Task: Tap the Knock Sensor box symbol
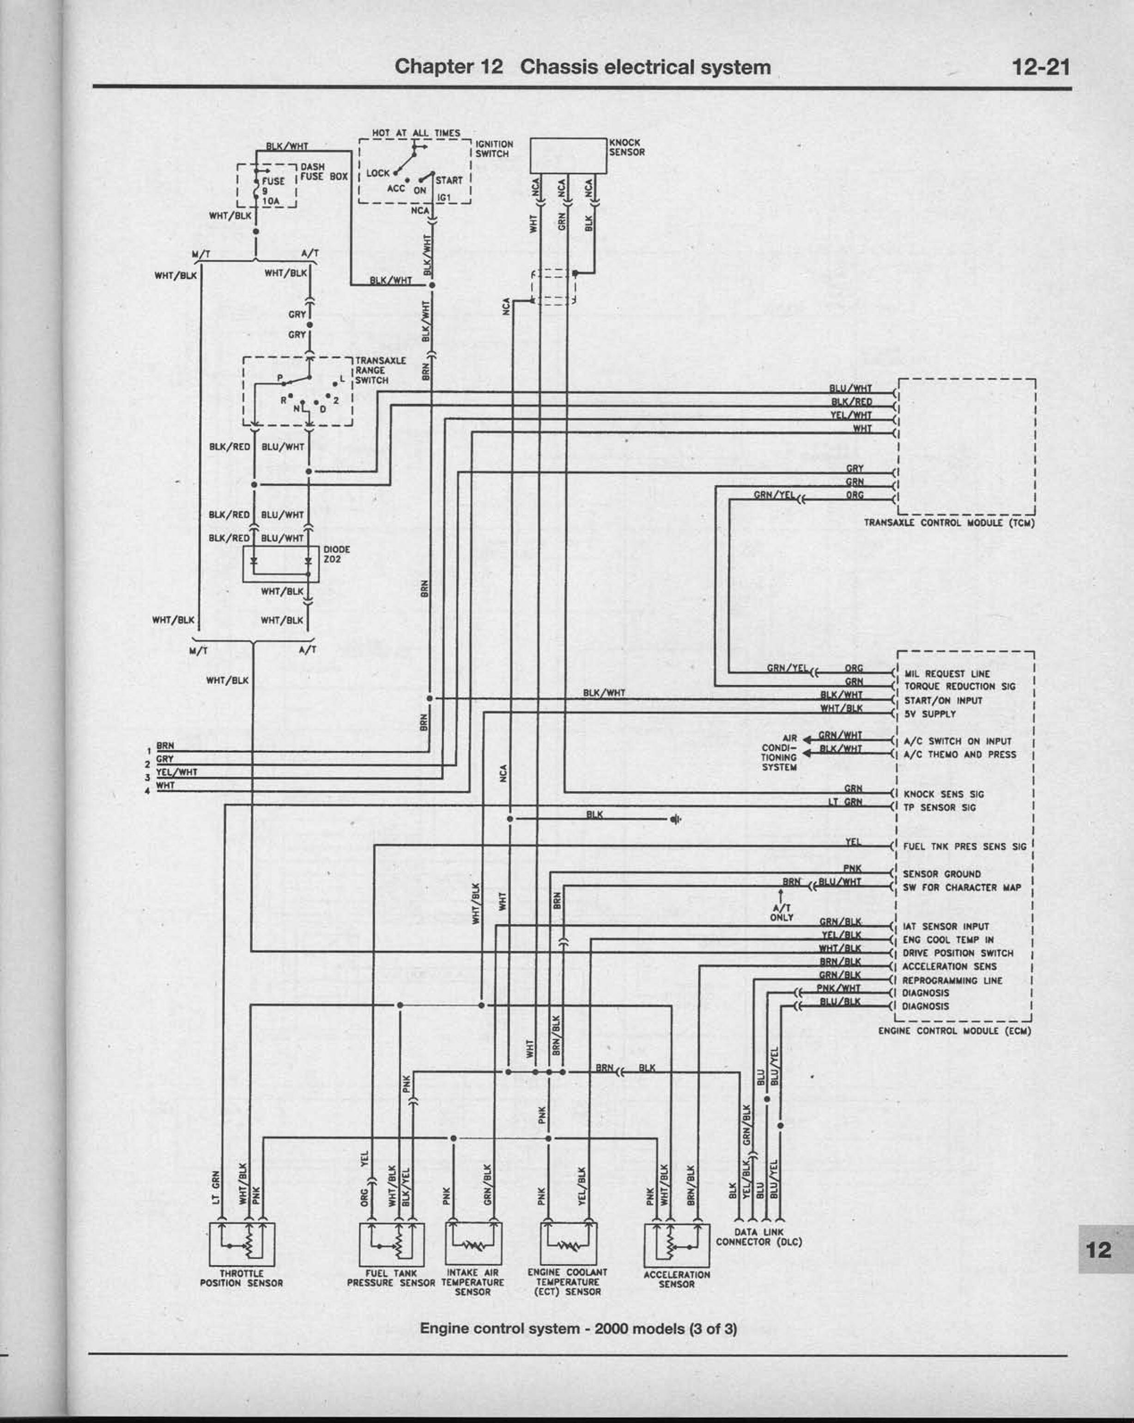click(x=568, y=155)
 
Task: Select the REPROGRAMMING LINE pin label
click(x=952, y=981)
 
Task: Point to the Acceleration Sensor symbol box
click(x=677, y=1244)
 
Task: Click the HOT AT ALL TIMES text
click(x=416, y=133)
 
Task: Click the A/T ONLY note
click(x=782, y=912)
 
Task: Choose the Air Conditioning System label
click(x=780, y=752)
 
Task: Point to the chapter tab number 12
click(x=1099, y=1250)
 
